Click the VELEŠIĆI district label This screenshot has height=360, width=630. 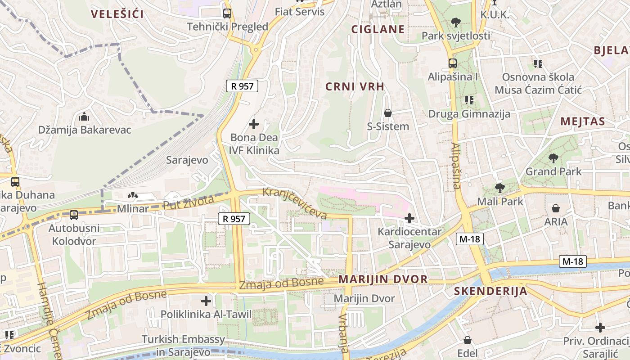(x=117, y=14)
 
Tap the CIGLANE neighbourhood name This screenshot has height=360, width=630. (x=378, y=30)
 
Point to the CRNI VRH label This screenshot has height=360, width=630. (x=355, y=87)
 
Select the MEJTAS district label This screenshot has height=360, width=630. (x=583, y=121)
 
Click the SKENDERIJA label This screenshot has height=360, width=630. (x=490, y=291)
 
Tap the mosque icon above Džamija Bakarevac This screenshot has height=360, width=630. (x=84, y=117)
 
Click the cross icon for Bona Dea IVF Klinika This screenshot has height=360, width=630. (x=254, y=124)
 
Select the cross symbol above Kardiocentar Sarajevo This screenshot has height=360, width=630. (x=409, y=219)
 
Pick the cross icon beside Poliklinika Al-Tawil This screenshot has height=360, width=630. (x=206, y=301)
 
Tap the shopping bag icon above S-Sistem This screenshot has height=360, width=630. (x=387, y=113)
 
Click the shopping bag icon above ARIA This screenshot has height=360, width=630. (x=556, y=208)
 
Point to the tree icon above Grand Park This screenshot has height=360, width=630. (x=553, y=158)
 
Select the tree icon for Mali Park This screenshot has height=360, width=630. (x=499, y=188)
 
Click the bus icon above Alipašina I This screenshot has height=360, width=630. (x=452, y=63)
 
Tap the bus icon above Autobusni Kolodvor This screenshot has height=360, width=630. (x=74, y=215)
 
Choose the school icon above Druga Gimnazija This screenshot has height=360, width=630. (x=469, y=100)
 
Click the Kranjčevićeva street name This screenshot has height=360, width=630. (x=295, y=203)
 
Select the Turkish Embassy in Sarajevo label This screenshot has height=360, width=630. (x=183, y=345)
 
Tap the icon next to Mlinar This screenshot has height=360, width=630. (x=133, y=196)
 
